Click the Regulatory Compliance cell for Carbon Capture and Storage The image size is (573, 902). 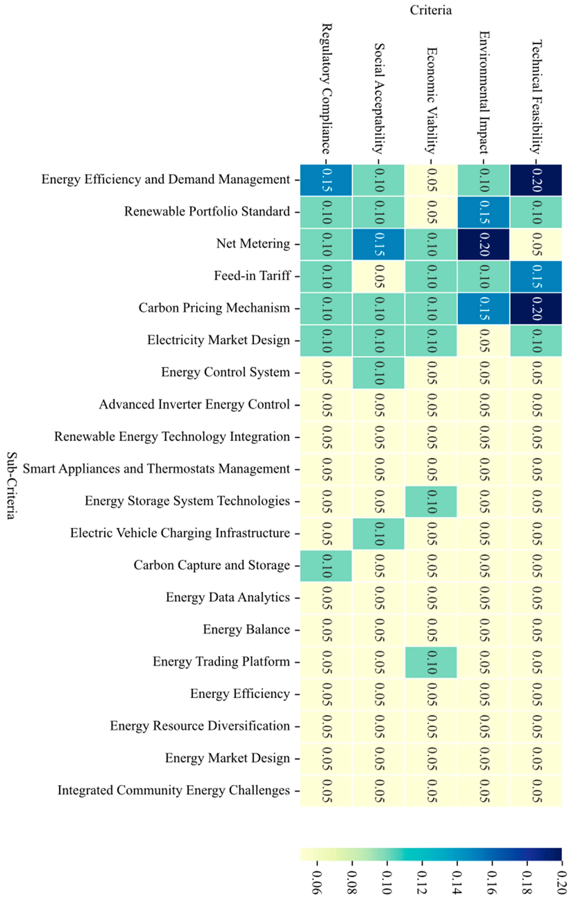coord(326,566)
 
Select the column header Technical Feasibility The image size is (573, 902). coord(536,97)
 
